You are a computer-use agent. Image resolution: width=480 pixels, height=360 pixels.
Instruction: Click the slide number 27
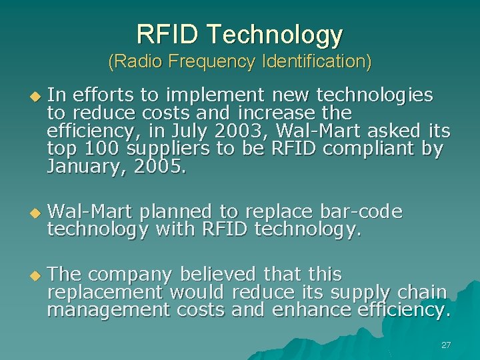[446, 345]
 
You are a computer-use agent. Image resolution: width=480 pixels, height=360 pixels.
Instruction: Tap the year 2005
[160, 167]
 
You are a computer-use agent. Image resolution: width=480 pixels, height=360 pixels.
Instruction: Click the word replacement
[105, 292]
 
